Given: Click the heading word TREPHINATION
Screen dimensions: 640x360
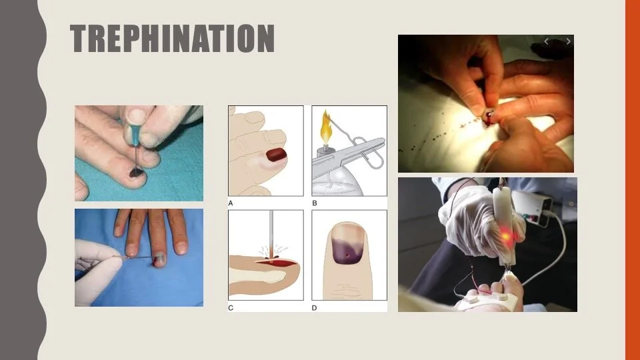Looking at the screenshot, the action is click(x=172, y=39).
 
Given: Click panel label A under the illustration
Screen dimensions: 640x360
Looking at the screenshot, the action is click(x=231, y=203).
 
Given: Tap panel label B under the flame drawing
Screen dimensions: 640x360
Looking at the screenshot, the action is click(x=314, y=203).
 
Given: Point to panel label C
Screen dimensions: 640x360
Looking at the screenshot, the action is click(x=231, y=308).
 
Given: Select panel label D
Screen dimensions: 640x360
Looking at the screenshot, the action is click(x=314, y=308).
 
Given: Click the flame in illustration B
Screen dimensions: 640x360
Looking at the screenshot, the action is click(x=326, y=126).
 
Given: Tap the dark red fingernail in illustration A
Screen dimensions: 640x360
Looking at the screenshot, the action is click(x=276, y=155).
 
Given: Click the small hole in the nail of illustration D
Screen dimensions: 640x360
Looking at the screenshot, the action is click(x=347, y=256).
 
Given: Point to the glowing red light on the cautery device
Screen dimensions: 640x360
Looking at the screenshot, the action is click(x=506, y=236).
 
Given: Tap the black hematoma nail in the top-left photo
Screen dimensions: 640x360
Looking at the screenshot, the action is click(x=136, y=173).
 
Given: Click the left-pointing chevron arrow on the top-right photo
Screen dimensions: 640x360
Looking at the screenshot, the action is click(x=546, y=41).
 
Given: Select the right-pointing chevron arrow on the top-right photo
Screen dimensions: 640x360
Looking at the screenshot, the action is click(x=568, y=41).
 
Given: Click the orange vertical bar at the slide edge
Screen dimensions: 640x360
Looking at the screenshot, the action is click(x=632, y=180).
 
